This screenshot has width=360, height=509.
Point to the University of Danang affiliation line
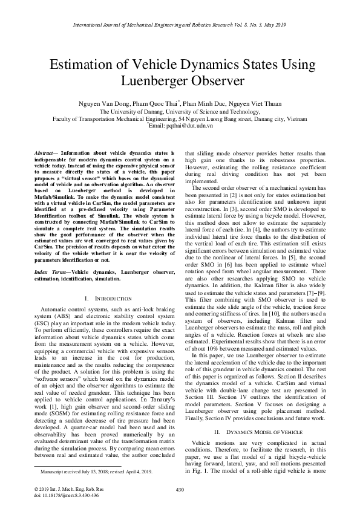[180, 112]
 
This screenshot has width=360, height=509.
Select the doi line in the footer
[59, 494]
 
